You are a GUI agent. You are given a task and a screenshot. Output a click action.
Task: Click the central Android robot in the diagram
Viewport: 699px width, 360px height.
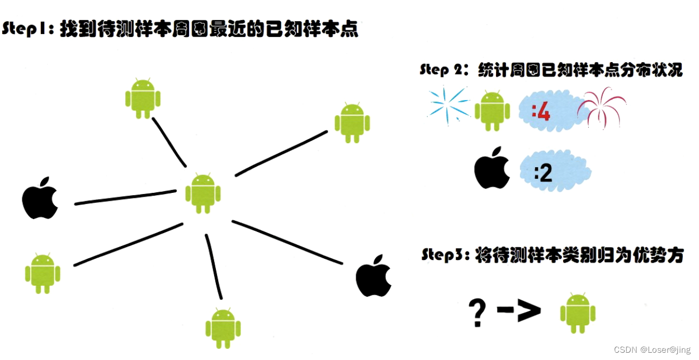202,193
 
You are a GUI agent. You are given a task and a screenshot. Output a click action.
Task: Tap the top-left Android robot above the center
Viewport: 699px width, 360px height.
143,98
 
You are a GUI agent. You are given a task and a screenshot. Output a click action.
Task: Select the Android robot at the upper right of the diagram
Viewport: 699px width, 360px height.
352,122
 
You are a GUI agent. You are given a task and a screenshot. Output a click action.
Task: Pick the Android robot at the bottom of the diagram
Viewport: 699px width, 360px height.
223,326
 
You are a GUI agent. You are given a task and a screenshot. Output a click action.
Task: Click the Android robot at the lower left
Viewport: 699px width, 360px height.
42,273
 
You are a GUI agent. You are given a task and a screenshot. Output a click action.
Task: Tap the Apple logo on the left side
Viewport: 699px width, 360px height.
40,198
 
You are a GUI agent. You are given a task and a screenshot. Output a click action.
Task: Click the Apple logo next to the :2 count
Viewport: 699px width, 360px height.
492,168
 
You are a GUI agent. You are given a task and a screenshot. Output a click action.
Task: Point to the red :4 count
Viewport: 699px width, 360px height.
541,113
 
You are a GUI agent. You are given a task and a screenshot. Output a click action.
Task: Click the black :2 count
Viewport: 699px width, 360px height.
544,172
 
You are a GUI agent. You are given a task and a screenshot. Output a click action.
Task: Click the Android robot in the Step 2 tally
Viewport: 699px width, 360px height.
492,111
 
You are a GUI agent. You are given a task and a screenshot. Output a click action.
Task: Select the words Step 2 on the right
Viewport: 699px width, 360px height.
443,70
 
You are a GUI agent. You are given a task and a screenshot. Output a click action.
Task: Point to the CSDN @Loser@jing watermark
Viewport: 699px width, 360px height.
651,350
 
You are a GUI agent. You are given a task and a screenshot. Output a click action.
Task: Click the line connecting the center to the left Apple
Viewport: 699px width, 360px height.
126,197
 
